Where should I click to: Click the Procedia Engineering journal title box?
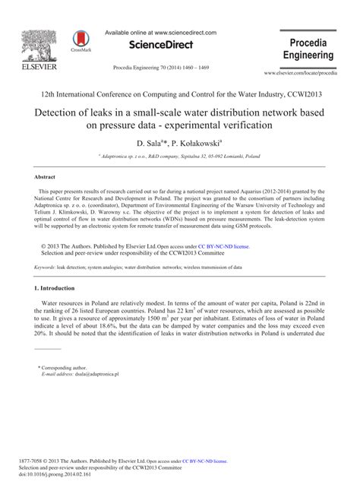click(308, 49)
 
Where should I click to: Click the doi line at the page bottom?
click(67, 474)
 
